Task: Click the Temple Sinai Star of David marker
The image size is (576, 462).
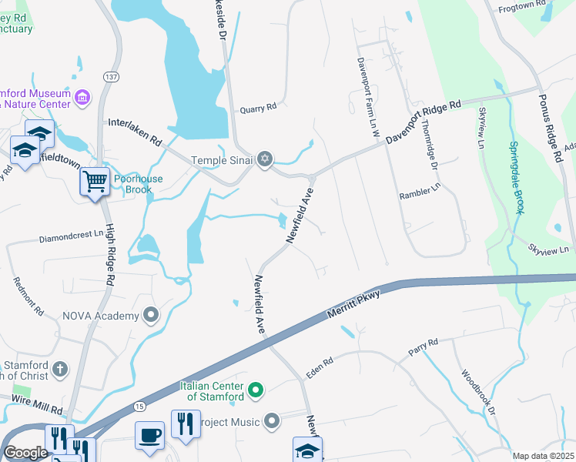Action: (265, 159)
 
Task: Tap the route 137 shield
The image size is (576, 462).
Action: (112, 77)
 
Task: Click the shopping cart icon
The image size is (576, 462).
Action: (95, 182)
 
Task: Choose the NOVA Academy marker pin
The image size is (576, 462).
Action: (151, 315)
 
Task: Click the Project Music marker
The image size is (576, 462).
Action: (272, 421)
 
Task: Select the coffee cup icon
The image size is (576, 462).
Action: (149, 435)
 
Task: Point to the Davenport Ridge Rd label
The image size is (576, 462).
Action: (422, 122)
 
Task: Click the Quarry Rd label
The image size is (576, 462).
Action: (257, 109)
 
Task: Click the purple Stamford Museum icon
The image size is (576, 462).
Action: (82, 98)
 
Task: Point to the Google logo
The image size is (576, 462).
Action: (25, 453)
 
